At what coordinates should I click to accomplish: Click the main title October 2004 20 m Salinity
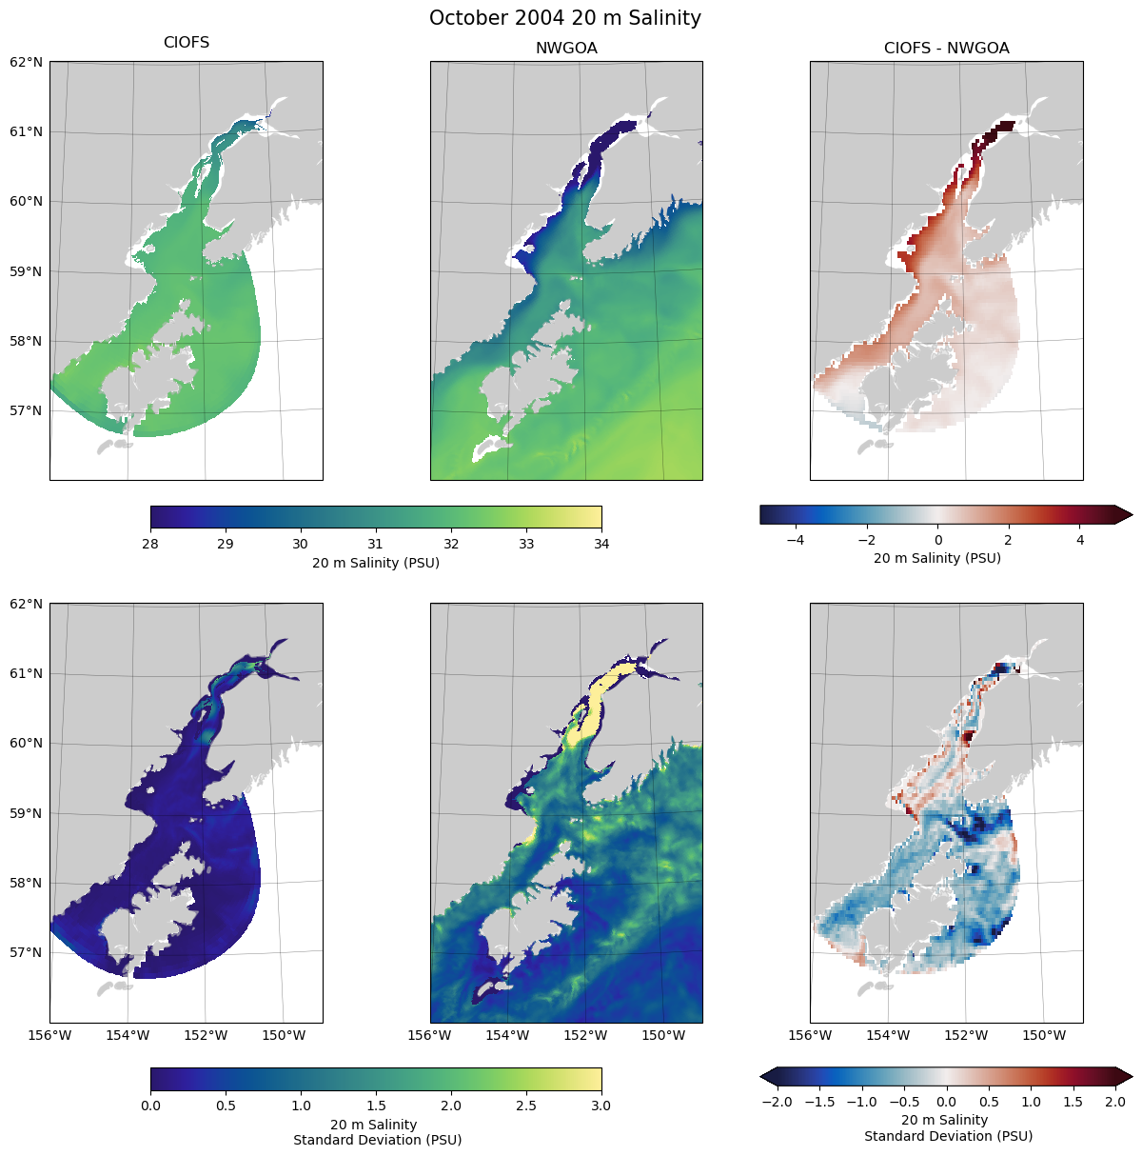pyautogui.click(x=565, y=18)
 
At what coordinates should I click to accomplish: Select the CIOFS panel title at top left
pyautogui.click(x=187, y=43)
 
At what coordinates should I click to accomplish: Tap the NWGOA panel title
pyautogui.click(x=566, y=49)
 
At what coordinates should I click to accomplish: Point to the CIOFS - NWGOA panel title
pyautogui.click(x=946, y=49)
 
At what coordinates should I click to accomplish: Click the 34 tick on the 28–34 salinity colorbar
pyautogui.click(x=601, y=544)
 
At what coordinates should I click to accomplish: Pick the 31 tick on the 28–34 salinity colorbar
pyautogui.click(x=376, y=544)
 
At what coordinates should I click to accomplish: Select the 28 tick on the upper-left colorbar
pyautogui.click(x=150, y=544)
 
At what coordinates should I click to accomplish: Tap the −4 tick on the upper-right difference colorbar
pyautogui.click(x=796, y=540)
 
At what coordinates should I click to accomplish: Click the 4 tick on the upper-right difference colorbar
pyautogui.click(x=1080, y=540)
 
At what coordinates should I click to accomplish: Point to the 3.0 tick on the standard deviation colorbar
pyautogui.click(x=601, y=1106)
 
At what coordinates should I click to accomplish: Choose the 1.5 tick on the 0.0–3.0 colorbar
pyautogui.click(x=376, y=1106)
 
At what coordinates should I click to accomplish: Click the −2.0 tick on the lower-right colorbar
pyautogui.click(x=778, y=1102)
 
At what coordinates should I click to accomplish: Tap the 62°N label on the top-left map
pyautogui.click(x=26, y=62)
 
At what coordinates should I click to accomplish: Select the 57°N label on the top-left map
pyautogui.click(x=26, y=411)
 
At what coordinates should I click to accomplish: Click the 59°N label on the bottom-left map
pyautogui.click(x=26, y=813)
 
